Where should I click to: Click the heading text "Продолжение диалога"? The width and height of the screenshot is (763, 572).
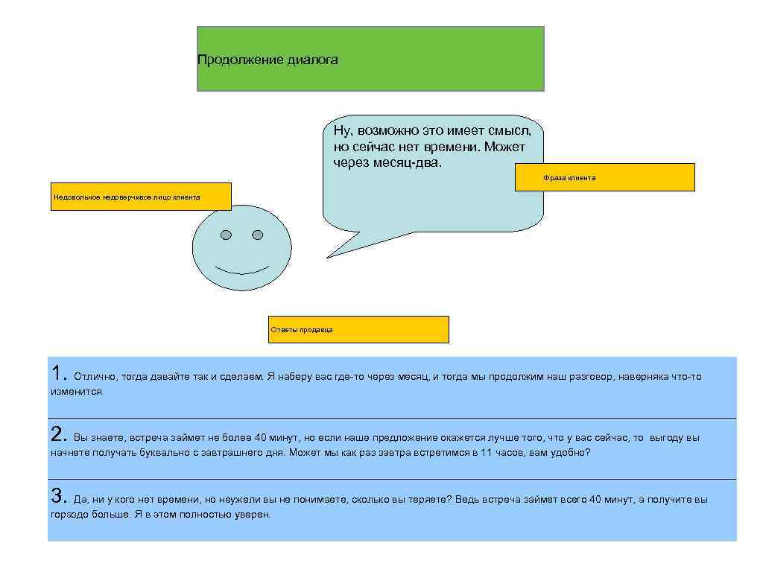pyautogui.click(x=267, y=60)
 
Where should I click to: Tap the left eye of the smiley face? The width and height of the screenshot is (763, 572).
pyautogui.click(x=227, y=235)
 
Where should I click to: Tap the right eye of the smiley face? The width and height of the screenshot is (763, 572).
pyautogui.click(x=258, y=235)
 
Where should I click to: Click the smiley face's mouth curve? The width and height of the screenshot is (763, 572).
pyautogui.click(x=242, y=269)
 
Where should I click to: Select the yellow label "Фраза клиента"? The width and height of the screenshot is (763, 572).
pyautogui.click(x=569, y=178)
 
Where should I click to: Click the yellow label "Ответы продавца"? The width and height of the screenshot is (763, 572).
pyautogui.click(x=301, y=329)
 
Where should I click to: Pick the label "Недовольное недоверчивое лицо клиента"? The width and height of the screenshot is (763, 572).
pyautogui.click(x=127, y=197)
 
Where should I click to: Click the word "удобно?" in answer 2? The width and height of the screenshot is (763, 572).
pyautogui.click(x=570, y=452)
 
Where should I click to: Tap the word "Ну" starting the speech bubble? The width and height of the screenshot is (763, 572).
pyautogui.click(x=341, y=131)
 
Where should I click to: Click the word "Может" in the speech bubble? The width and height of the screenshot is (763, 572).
pyautogui.click(x=504, y=146)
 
